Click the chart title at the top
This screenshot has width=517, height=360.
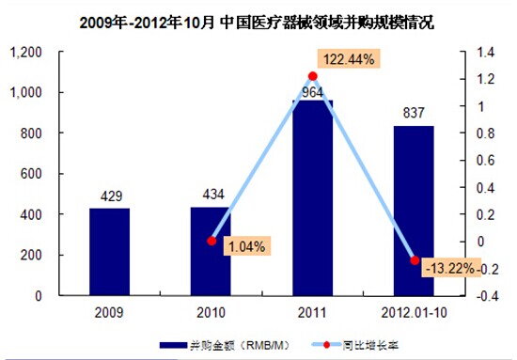257,23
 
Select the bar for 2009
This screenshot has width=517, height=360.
109,252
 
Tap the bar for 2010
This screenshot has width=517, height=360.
211,251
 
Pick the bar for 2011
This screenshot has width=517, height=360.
313,197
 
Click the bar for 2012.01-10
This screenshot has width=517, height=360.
414,211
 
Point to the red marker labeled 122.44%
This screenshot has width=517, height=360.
313,76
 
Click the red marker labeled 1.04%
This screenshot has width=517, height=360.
211,241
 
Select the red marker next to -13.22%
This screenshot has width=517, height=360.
415,260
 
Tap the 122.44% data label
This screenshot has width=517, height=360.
349,59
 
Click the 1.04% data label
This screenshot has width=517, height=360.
247,246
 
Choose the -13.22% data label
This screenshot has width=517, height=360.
450,268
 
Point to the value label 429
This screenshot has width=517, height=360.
112,196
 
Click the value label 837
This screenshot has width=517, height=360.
414,113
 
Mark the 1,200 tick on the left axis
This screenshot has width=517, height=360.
26,52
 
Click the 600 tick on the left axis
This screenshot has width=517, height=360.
31,174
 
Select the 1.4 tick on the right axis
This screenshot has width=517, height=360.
485,52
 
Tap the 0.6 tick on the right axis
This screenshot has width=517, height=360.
486,160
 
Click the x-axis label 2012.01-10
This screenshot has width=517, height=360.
415,312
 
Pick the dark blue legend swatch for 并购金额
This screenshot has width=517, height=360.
174,345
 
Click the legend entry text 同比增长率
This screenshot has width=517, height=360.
370,345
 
